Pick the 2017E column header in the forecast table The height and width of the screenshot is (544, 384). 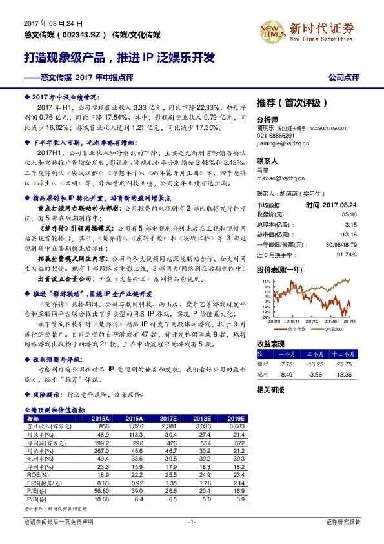[167, 419]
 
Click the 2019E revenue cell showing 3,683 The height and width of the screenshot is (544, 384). [239, 427]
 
